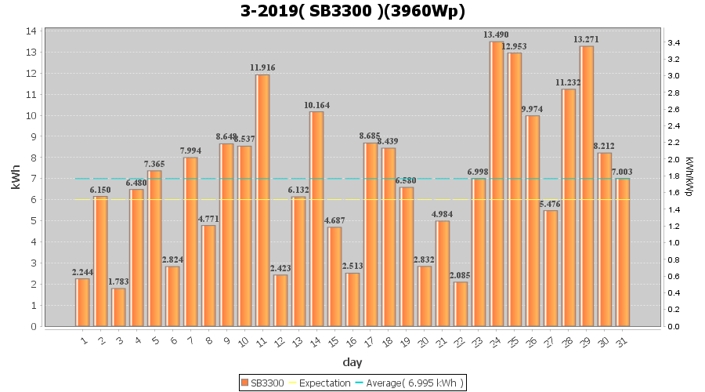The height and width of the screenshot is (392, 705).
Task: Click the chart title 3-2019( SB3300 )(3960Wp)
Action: point(352,12)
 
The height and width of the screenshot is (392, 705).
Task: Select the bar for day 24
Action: point(497,184)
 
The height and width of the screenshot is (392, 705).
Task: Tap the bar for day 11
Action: point(262,201)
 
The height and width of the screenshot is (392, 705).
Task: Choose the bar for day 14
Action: point(316,219)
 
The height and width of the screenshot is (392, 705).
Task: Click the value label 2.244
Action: point(83,272)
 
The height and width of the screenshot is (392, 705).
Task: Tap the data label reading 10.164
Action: point(316,105)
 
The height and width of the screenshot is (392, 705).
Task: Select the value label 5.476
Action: point(551,204)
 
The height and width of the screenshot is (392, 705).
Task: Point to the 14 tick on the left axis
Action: point(31,31)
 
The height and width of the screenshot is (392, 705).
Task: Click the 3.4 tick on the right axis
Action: point(673,42)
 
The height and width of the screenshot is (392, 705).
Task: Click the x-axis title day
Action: point(352,362)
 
